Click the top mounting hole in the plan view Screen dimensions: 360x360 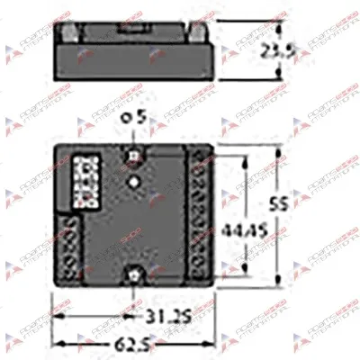pos(134,154)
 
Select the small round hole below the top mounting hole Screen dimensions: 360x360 pos(134,183)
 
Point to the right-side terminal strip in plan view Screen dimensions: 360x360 pos(201,215)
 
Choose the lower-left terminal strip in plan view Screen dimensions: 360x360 pos(67,247)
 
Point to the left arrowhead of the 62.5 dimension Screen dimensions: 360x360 pos(57,342)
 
